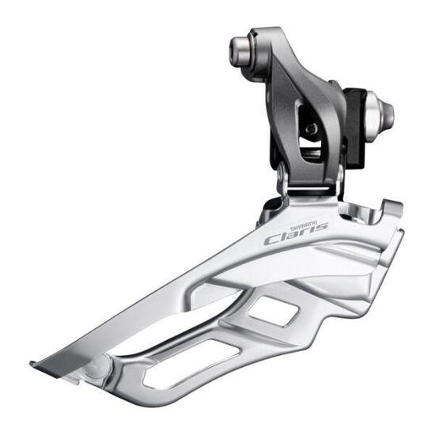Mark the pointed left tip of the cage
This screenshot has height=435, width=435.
click(33, 365)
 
